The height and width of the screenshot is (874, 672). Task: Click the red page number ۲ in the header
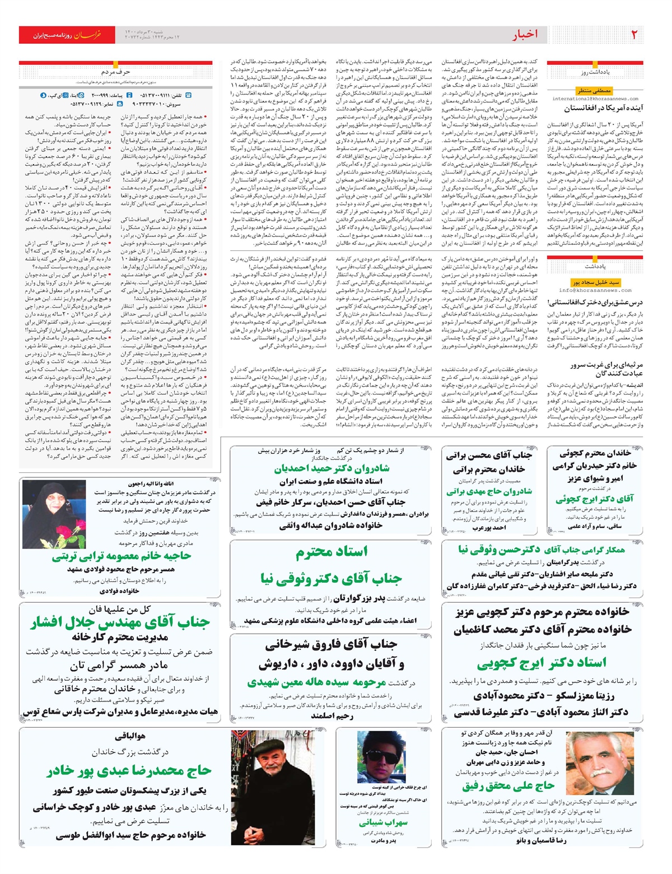click(634, 35)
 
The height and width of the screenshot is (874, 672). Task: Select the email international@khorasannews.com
click(595, 99)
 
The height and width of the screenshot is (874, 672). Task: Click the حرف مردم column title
click(115, 72)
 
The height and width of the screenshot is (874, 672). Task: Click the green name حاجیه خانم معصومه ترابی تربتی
click(122, 556)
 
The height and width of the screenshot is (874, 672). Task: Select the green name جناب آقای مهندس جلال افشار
click(120, 622)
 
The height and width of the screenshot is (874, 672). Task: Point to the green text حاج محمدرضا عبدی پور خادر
click(129, 771)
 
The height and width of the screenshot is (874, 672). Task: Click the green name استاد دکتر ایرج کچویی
click(541, 663)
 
